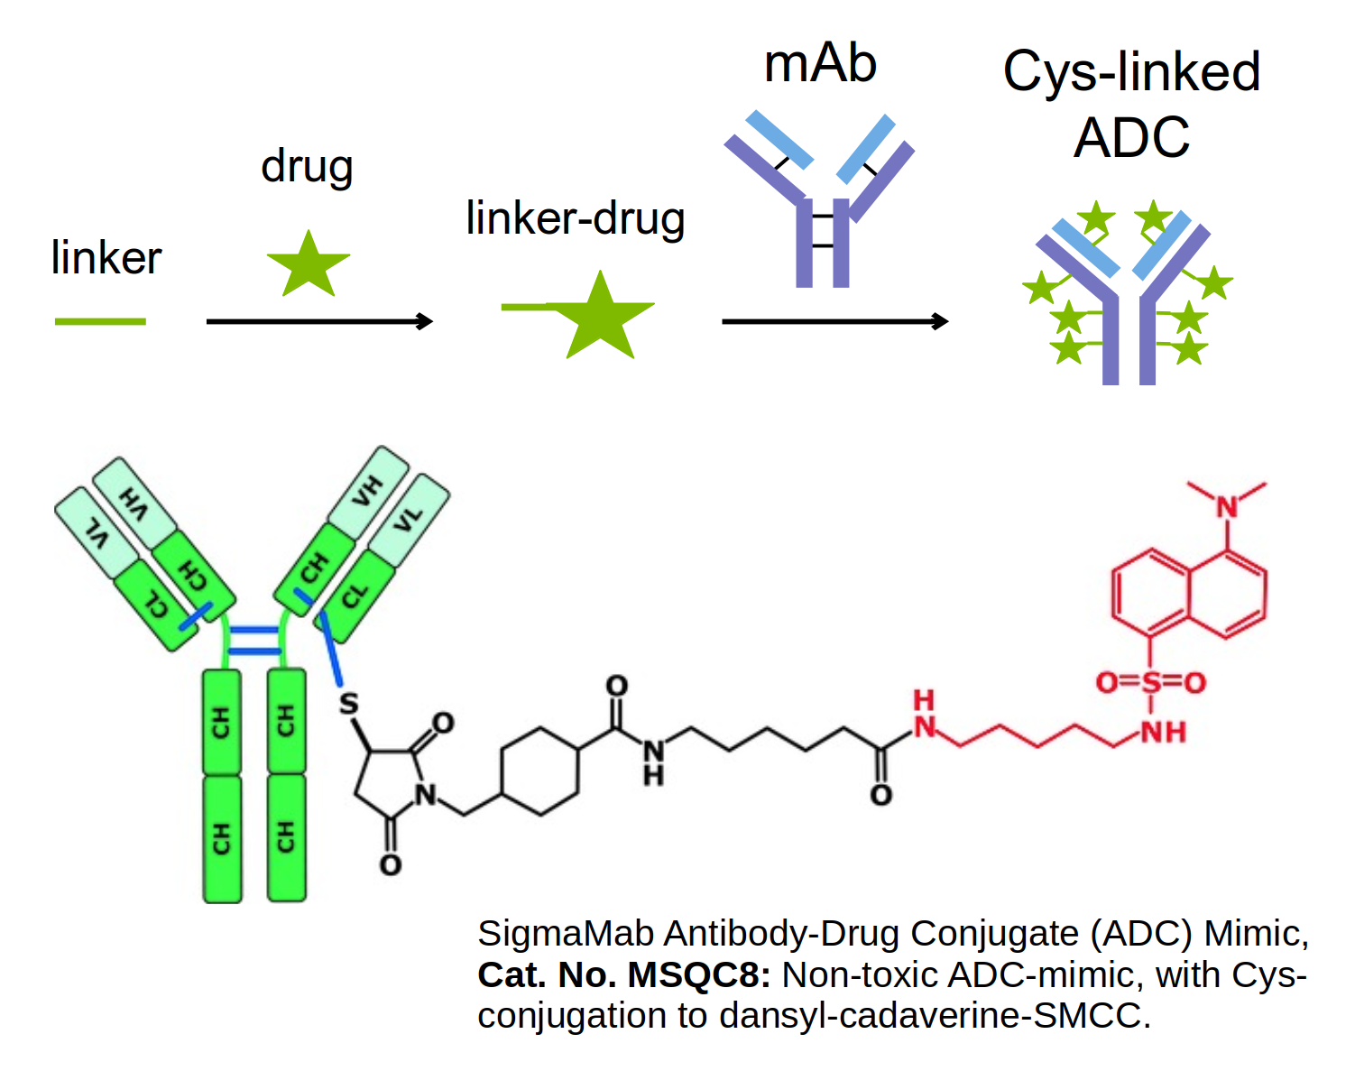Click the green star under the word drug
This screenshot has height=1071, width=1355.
coord(309,264)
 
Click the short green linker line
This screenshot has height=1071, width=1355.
coord(100,321)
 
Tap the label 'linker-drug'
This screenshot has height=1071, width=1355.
coord(576,218)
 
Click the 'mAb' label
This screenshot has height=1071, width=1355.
coord(820,64)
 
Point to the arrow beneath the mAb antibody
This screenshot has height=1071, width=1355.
coord(834,321)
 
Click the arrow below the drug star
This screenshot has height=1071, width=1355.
coord(319,321)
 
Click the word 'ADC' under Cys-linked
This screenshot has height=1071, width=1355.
coord(1131,138)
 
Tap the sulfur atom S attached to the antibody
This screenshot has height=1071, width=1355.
coord(348,704)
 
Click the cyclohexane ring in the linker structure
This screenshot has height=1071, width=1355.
coord(539,770)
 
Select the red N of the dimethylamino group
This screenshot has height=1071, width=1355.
coord(1227,507)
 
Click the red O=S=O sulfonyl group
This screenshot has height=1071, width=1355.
coord(1150,683)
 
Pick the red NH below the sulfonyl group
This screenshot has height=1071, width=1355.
coord(1163,731)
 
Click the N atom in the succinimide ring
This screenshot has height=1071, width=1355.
coord(425,795)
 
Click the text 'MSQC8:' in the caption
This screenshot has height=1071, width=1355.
coord(698,975)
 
